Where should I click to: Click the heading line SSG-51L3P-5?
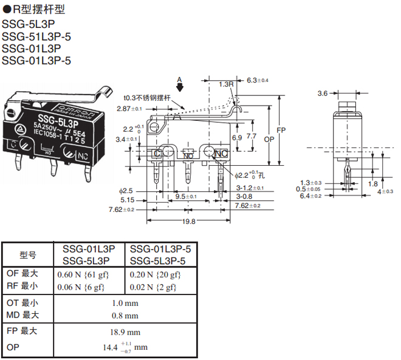point(37,36)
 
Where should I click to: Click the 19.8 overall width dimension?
point(189,222)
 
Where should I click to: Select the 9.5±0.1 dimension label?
point(185,197)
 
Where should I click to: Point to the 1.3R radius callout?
point(227,84)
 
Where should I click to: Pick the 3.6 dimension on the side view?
point(323,93)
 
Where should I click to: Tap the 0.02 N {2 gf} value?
point(155,287)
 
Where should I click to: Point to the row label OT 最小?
point(22,302)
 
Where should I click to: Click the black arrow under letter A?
point(179,88)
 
